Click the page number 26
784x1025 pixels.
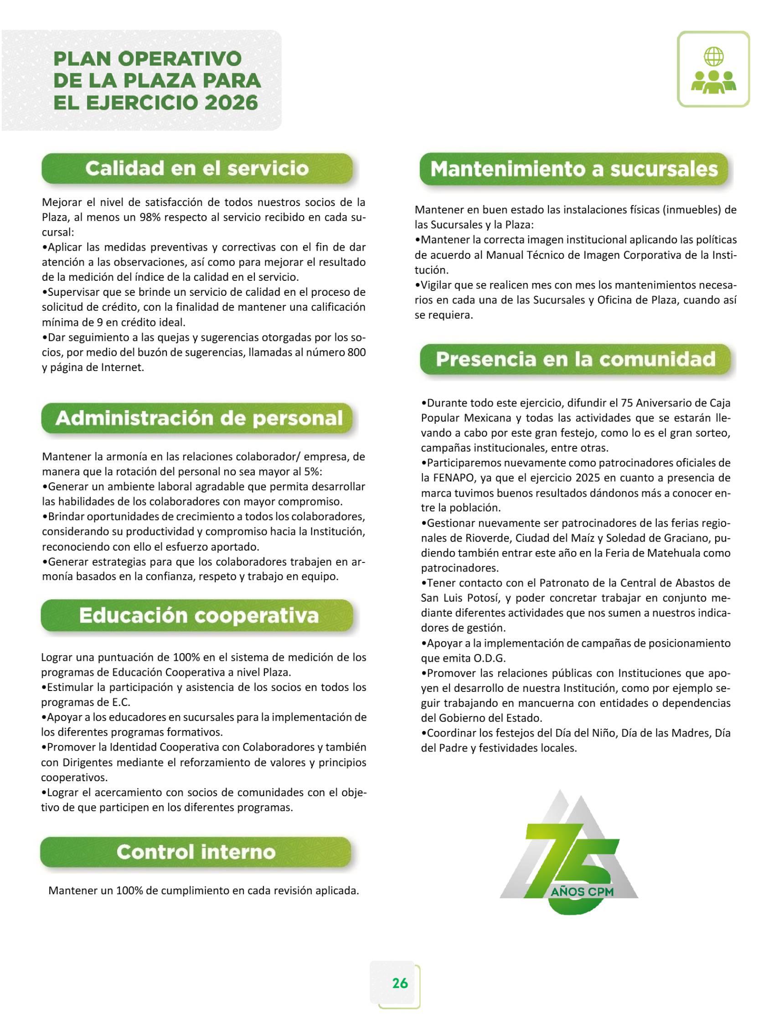click(x=400, y=983)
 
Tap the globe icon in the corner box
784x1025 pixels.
click(x=713, y=57)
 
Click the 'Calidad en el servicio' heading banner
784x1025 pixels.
click(x=196, y=169)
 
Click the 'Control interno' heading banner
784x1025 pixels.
click(x=196, y=852)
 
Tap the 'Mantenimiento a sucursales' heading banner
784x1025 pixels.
click(x=573, y=169)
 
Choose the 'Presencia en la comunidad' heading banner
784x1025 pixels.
click(x=575, y=359)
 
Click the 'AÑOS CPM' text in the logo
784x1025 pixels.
click(x=582, y=891)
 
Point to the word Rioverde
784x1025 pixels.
click(x=488, y=538)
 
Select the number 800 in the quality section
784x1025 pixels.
click(x=356, y=352)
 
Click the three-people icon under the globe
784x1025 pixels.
click(x=713, y=82)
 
